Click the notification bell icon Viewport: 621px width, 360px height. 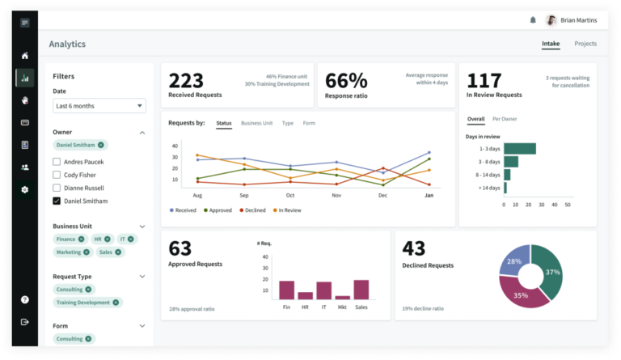[x=533, y=20]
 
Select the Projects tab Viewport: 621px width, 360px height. [x=585, y=44]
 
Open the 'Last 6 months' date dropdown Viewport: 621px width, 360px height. [x=99, y=106]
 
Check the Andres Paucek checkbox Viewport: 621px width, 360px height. [x=57, y=162]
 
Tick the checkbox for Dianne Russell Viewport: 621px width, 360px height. [x=57, y=188]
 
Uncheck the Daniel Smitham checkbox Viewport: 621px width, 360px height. [x=57, y=201]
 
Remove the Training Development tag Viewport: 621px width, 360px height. [x=116, y=303]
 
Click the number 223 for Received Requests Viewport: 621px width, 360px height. [x=185, y=80]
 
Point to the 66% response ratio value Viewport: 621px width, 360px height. [x=346, y=80]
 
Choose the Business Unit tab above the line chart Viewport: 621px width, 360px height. [x=256, y=123]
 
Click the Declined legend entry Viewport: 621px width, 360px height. [x=252, y=210]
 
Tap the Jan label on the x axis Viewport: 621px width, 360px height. [x=429, y=196]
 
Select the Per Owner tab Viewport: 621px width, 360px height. [x=505, y=119]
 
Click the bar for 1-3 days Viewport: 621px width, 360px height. [x=520, y=148]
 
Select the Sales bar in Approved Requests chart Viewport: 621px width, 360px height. [x=361, y=290]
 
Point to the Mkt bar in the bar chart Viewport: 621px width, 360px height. [x=342, y=298]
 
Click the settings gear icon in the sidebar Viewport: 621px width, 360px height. [x=25, y=189]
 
